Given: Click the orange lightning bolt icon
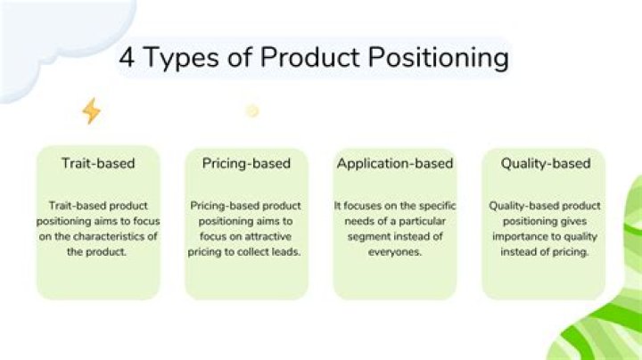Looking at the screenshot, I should (x=91, y=110).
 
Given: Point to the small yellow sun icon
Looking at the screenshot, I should (x=252, y=110).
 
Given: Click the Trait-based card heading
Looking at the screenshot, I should (x=97, y=163).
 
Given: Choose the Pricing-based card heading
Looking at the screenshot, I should (x=246, y=163).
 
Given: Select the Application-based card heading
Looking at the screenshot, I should (x=394, y=163).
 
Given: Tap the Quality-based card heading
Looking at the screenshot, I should (x=545, y=163).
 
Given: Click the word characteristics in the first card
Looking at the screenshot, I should (x=107, y=236).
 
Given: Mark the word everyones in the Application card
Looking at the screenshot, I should (x=395, y=252).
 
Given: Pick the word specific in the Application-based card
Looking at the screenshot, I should (x=430, y=205).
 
